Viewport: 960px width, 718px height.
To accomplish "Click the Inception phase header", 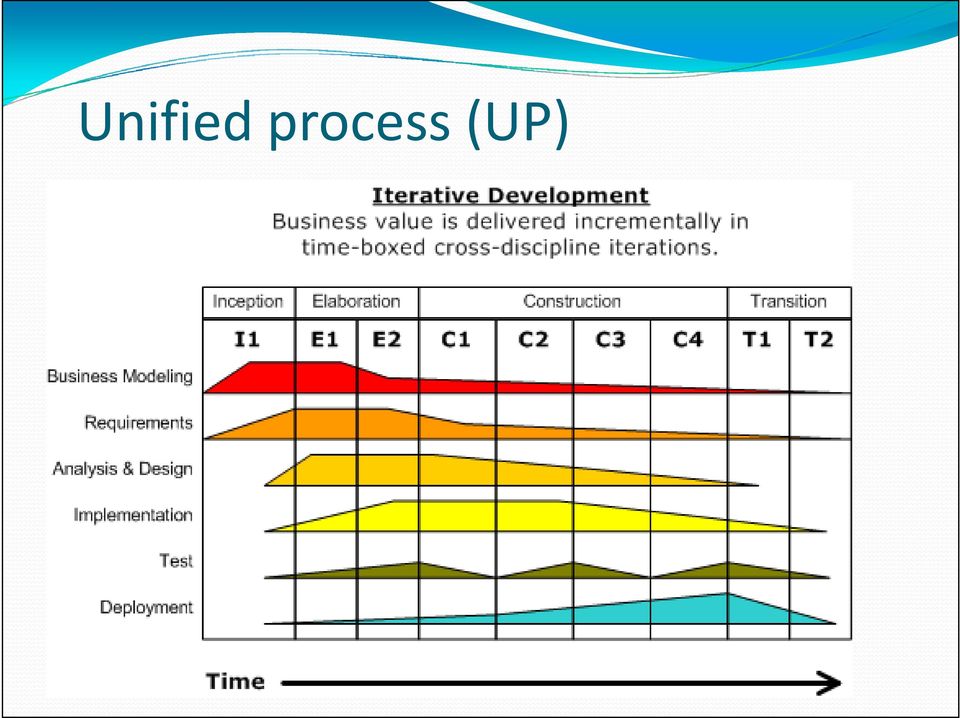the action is pyautogui.click(x=248, y=302).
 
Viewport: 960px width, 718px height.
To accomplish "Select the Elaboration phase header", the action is pyautogui.click(x=356, y=302).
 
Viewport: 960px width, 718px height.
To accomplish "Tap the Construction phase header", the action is pyautogui.click(x=572, y=302).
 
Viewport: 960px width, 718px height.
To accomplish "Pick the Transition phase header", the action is pyautogui.click(x=789, y=302).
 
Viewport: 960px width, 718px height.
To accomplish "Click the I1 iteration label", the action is pyautogui.click(x=247, y=339).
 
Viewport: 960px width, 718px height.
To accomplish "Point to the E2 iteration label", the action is pyautogui.click(x=387, y=339).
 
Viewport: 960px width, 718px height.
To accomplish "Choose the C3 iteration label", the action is pyautogui.click(x=610, y=339).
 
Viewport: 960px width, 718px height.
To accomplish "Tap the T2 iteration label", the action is pyautogui.click(x=819, y=339).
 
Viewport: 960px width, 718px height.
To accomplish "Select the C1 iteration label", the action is pyautogui.click(x=456, y=339).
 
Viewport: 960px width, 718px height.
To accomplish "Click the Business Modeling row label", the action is pyautogui.click(x=120, y=376).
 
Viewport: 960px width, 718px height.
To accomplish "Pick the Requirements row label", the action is pyautogui.click(x=138, y=423).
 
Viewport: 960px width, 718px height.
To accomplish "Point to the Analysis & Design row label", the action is pyautogui.click(x=122, y=469).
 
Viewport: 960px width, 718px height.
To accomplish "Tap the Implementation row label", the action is pyautogui.click(x=133, y=515).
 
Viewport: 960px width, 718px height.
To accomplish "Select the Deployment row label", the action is pyautogui.click(x=146, y=607).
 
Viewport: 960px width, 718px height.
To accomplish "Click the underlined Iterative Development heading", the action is pyautogui.click(x=511, y=196).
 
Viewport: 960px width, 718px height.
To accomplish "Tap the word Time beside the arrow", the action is pyautogui.click(x=235, y=681).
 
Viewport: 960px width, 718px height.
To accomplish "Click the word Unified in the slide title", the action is pyautogui.click(x=165, y=120).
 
